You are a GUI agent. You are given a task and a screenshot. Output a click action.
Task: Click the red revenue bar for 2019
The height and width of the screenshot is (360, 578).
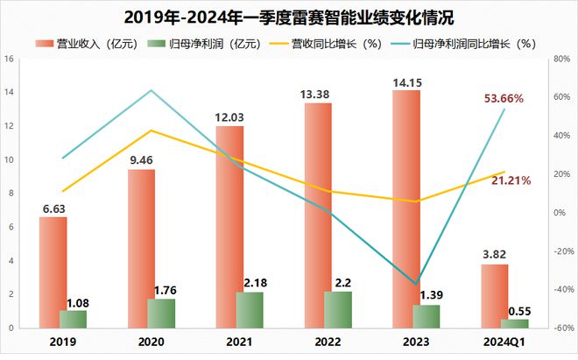click(53, 272)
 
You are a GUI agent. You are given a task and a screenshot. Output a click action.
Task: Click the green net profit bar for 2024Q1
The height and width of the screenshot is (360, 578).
click(515, 323)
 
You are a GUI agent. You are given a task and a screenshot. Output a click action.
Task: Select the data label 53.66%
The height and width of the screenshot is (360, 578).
click(504, 99)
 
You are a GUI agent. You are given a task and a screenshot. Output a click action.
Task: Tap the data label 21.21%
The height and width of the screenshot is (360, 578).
click(509, 180)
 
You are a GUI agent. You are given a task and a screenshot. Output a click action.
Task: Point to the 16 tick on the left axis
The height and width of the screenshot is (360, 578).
click(8, 60)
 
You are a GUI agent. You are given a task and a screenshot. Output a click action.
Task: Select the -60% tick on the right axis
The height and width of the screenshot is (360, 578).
click(561, 328)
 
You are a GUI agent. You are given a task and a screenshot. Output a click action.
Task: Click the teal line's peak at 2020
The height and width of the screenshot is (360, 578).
click(152, 90)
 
